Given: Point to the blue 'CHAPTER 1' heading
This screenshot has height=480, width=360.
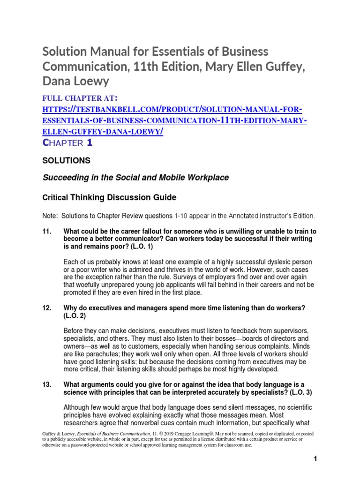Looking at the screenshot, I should pyautogui.click(x=68, y=143).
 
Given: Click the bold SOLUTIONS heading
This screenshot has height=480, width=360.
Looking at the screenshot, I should pyautogui.click(x=67, y=160).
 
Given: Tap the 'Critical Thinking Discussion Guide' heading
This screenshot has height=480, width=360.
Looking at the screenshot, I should pyautogui.click(x=110, y=198).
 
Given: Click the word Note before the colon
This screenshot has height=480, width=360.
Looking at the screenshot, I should pyautogui.click(x=51, y=216).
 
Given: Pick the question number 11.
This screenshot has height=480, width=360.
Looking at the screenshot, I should pyautogui.click(x=46, y=231).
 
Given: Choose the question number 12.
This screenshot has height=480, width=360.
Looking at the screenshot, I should pyautogui.click(x=46, y=307).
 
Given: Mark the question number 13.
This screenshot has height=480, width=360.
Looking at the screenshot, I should pyautogui.click(x=46, y=384).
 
